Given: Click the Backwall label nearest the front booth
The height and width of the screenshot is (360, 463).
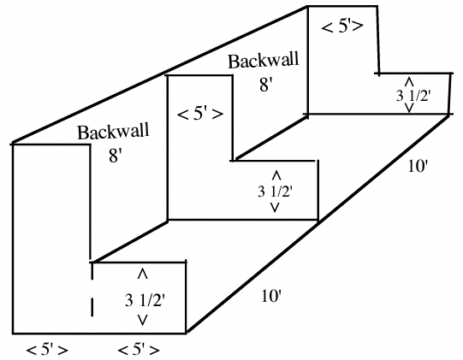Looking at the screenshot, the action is pyautogui.click(x=113, y=132).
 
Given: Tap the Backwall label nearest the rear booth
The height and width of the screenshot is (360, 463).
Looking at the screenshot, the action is pyautogui.click(x=264, y=61).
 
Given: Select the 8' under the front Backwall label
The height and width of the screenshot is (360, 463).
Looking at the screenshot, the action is pyautogui.click(x=116, y=156).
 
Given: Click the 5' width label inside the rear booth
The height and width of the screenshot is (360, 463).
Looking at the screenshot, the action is pyautogui.click(x=342, y=27).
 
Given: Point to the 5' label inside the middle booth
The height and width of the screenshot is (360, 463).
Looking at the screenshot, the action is pyautogui.click(x=200, y=114).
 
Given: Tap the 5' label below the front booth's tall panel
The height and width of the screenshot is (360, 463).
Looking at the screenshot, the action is pyautogui.click(x=47, y=350).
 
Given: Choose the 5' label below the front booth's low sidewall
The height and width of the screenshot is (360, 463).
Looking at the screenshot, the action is pyautogui.click(x=139, y=350).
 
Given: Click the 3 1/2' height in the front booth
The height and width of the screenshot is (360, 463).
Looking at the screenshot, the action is pyautogui.click(x=145, y=301).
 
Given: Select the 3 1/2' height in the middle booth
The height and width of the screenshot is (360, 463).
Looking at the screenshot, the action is pyautogui.click(x=275, y=192).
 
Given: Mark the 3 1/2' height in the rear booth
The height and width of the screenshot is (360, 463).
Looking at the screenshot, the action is pyautogui.click(x=413, y=96).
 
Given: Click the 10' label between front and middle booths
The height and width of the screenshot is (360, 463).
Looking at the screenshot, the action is pyautogui.click(x=270, y=296).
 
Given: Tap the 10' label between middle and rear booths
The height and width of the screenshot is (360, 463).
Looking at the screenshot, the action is pyautogui.click(x=418, y=166).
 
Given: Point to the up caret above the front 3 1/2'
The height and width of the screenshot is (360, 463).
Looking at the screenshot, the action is pyautogui.click(x=143, y=274).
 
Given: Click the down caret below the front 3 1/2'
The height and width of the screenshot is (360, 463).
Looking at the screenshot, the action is pyautogui.click(x=143, y=321).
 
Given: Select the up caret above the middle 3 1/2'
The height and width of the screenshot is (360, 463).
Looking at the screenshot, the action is pyautogui.click(x=276, y=175).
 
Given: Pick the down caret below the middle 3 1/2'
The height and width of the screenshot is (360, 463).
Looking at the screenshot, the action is pyautogui.click(x=275, y=208).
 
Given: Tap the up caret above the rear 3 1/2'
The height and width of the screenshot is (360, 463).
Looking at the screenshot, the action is pyautogui.click(x=409, y=81).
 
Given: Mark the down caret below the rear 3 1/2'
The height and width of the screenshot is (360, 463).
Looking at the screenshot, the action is pyautogui.click(x=409, y=108).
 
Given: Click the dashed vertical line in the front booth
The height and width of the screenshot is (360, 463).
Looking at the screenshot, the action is pyautogui.click(x=92, y=290).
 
